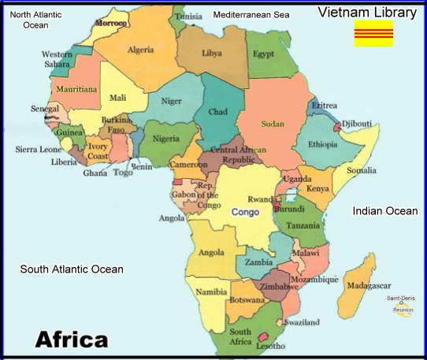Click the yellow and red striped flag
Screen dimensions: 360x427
pos(373,34)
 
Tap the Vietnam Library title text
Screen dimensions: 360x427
pos(366,12)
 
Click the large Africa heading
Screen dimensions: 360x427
pos(72,340)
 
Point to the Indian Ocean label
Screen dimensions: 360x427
pos(385,210)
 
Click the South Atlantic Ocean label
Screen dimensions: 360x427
pos(72,269)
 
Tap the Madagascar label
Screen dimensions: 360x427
pos(369,285)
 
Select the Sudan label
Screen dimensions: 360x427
pos(272,124)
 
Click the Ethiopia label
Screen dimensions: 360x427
pos(323,144)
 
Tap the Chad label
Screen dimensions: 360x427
pos(217,112)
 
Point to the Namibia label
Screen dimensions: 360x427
pos(211,291)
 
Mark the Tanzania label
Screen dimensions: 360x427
pos(303,225)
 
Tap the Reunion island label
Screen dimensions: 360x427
pos(403,311)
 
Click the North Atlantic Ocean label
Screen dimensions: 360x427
pos(35,20)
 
